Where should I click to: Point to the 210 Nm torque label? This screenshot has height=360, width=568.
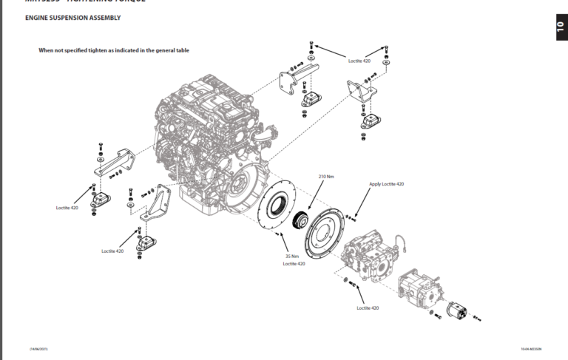(x=326, y=177)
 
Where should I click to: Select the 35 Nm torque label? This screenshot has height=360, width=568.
(x=292, y=257)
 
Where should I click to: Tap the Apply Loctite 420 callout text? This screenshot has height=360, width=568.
(x=386, y=183)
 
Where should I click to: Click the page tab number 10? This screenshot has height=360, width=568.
(x=560, y=27)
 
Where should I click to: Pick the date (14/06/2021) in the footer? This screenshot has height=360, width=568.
(x=38, y=347)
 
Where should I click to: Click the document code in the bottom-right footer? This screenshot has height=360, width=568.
(x=532, y=347)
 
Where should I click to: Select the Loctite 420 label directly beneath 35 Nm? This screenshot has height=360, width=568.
(x=294, y=263)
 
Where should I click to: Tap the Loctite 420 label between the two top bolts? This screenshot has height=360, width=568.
(x=360, y=61)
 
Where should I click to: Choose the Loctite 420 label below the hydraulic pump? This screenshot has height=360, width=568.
(x=368, y=308)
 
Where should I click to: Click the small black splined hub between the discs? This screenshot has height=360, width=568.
(x=300, y=220)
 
